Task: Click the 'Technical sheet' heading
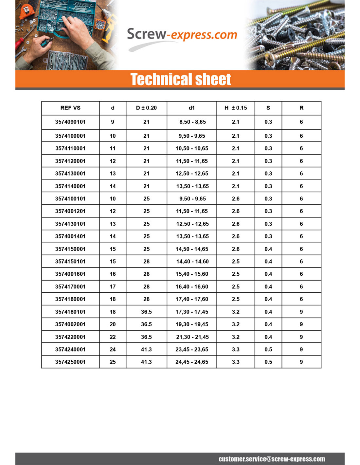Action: click(x=181, y=79)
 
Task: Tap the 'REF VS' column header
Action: click(x=70, y=108)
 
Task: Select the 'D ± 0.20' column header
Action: click(x=146, y=108)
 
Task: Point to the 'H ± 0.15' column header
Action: click(x=236, y=108)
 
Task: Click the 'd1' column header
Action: click(x=192, y=108)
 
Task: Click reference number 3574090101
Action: click(x=70, y=122)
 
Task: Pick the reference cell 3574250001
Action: click(x=70, y=362)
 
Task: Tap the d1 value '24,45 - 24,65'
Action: click(x=192, y=362)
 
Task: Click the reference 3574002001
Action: click(x=70, y=324)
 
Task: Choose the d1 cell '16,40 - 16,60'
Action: click(x=192, y=287)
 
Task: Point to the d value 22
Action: click(x=113, y=337)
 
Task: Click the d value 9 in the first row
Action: click(x=113, y=122)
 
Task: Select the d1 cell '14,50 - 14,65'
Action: click(x=192, y=249)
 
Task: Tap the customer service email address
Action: click(x=272, y=459)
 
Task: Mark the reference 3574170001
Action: click(x=70, y=287)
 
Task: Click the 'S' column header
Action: click(x=268, y=108)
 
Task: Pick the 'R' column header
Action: click(x=301, y=108)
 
